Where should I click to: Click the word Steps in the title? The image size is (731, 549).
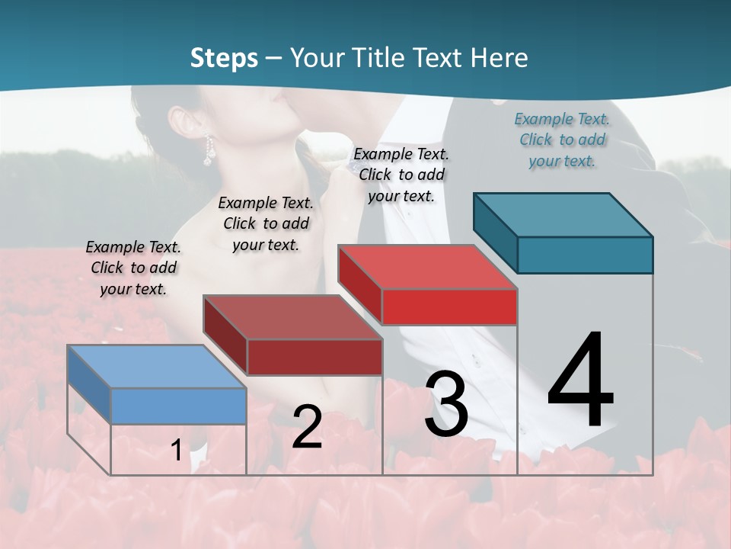(224, 58)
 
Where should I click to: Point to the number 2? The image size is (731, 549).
(307, 427)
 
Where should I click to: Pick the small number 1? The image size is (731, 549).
(176, 451)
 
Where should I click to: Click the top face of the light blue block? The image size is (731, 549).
(157, 366)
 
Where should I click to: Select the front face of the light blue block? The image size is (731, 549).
(179, 406)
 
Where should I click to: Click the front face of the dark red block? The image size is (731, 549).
(314, 357)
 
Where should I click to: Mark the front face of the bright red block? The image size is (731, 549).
(449, 307)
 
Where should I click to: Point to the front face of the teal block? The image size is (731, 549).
(585, 255)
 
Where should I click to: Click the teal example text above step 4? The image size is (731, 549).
(562, 140)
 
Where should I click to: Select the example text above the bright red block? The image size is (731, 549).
(401, 175)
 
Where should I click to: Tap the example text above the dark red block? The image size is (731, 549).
(266, 223)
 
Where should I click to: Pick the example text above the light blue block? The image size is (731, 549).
(133, 268)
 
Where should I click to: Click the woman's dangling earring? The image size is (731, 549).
(206, 152)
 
